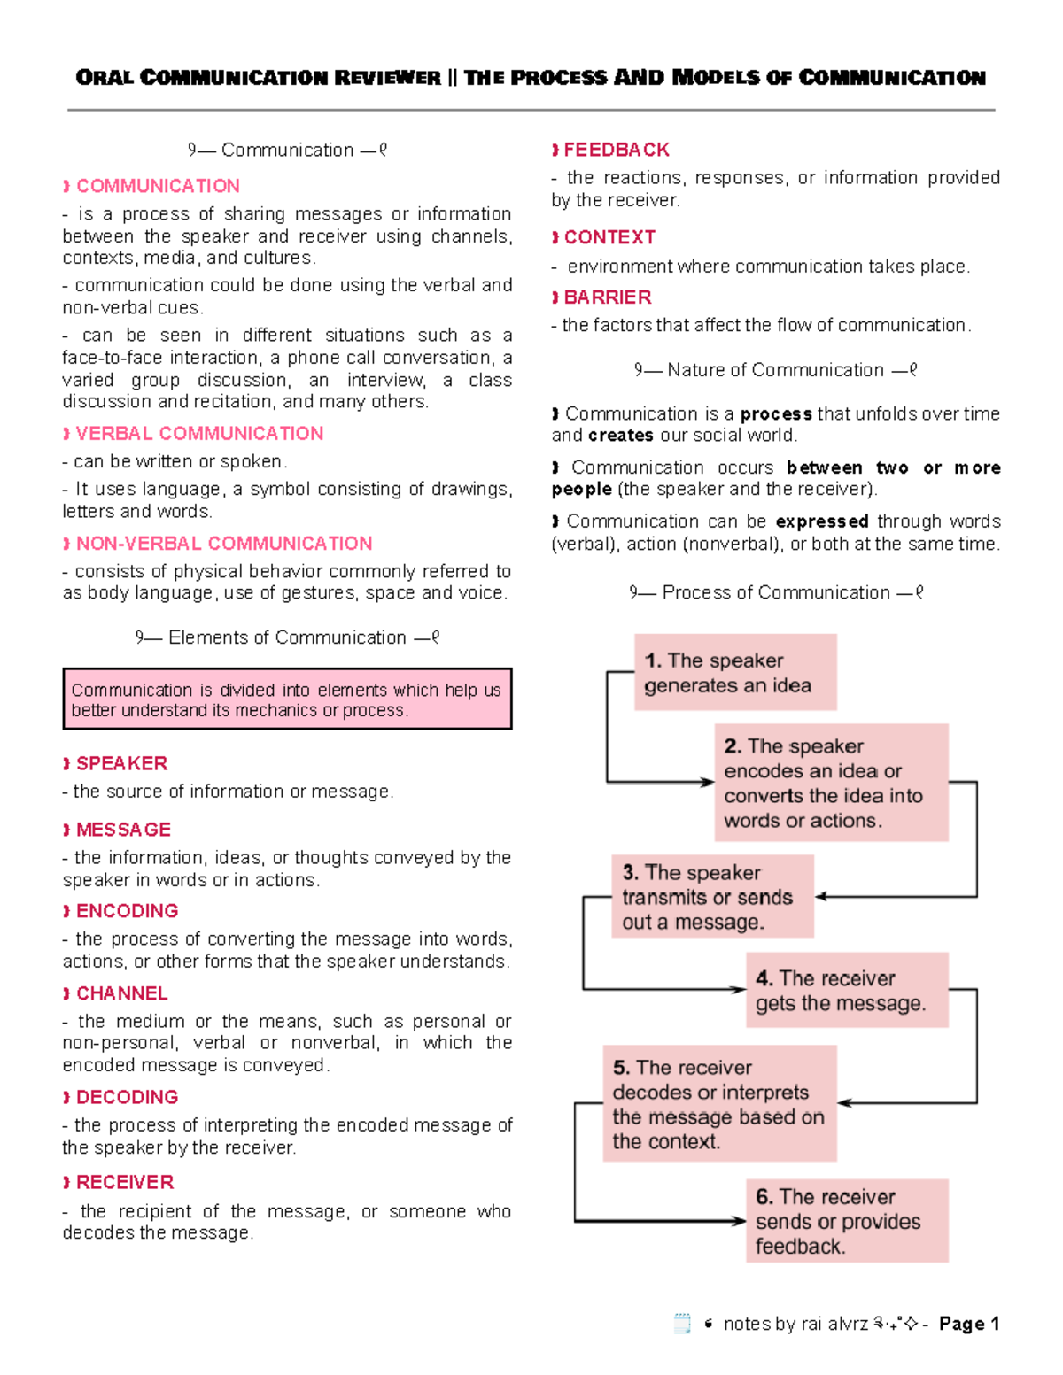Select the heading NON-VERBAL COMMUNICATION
tap(223, 543)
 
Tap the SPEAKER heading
tap(121, 763)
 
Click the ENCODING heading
tap(127, 910)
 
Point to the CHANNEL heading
tap(121, 993)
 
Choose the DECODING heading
tap(127, 1097)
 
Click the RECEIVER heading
tap(124, 1182)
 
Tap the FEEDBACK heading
tap(617, 150)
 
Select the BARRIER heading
tap(607, 297)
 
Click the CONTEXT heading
tap(609, 237)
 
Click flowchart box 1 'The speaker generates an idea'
tap(735, 672)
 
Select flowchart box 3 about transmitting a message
tap(712, 896)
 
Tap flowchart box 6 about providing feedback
tap(846, 1220)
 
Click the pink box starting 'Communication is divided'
tap(287, 699)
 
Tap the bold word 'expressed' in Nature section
tap(821, 521)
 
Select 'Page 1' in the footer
tap(969, 1324)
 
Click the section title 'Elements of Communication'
tap(287, 637)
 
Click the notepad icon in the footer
tap(682, 1324)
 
